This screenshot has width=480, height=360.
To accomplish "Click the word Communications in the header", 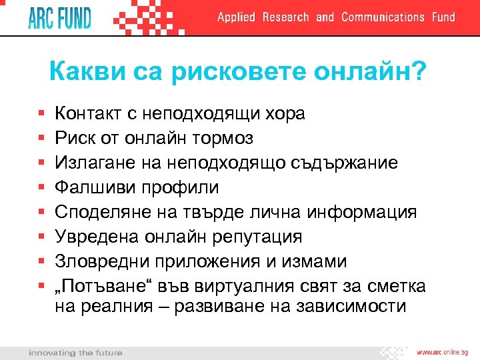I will click(382, 17).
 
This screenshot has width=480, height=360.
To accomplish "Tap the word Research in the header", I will click(285, 17).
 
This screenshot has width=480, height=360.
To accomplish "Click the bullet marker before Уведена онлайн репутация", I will click(41, 237).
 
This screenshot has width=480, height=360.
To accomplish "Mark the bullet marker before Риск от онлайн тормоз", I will click(41, 139).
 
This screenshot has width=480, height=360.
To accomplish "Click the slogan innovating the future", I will click(75, 352).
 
